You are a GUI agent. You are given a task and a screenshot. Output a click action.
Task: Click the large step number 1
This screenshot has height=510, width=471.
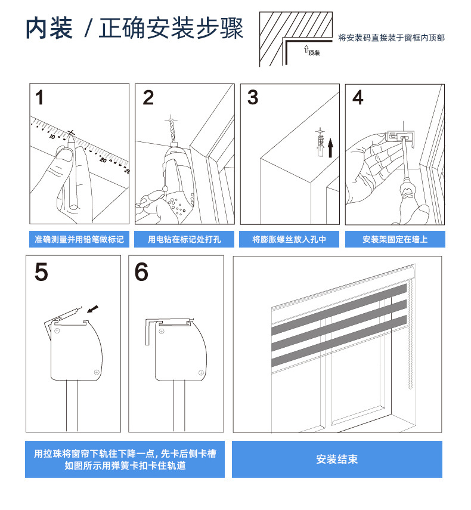click(x=40, y=98)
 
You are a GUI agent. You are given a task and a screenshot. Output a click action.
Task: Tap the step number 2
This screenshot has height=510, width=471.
click(x=148, y=98)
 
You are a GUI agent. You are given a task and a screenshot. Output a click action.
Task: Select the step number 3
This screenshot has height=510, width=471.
click(x=253, y=97)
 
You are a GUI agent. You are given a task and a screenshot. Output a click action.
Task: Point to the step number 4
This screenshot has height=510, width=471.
click(x=358, y=97)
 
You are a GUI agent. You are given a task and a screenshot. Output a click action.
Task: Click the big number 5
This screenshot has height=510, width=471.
click(x=41, y=272)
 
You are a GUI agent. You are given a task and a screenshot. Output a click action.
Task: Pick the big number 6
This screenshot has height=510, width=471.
click(x=141, y=272)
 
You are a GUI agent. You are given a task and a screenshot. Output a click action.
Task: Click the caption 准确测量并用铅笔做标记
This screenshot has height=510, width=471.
click(x=79, y=239)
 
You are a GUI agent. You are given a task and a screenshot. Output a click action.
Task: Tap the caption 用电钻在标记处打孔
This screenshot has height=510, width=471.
click(x=184, y=239)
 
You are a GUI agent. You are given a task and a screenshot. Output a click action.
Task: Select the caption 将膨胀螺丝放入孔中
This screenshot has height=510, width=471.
click(x=289, y=239)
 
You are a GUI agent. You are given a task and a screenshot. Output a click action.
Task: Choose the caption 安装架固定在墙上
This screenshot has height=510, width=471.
click(x=395, y=239)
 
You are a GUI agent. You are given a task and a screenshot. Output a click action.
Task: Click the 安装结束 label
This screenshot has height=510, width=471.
click(x=337, y=459)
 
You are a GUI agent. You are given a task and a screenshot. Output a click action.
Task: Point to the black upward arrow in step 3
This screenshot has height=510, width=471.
click(x=330, y=148)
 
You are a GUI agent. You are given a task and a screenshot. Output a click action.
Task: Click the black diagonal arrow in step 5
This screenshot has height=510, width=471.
click(x=92, y=308)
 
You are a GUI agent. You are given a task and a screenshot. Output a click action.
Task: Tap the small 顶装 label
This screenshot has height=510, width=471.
click(x=314, y=52)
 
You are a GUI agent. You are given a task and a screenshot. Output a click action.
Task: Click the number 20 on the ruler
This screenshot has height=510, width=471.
click(x=103, y=160)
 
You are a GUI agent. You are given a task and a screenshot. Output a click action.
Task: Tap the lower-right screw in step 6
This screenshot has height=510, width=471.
click(x=201, y=373)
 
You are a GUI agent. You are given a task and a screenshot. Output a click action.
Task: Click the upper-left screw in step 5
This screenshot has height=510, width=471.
click(x=57, y=331)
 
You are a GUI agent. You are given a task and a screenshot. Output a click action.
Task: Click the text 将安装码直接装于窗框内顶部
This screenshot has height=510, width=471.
click(x=391, y=38)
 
